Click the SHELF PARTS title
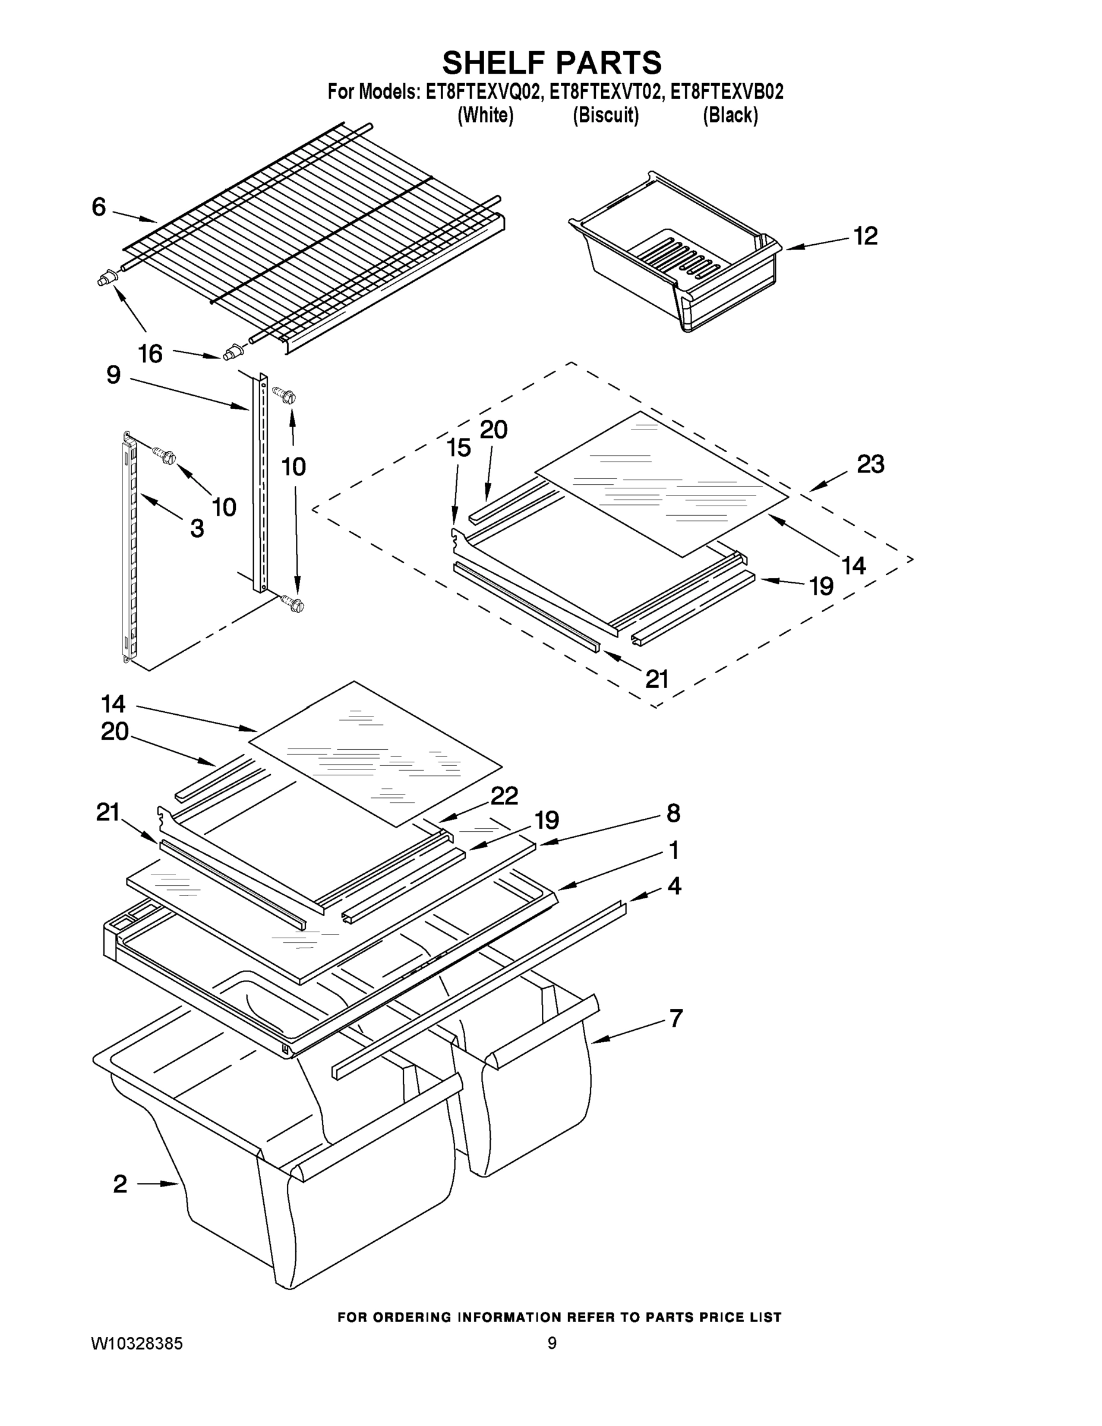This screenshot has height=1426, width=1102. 552,64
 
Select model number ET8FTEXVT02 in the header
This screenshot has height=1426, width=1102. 604,92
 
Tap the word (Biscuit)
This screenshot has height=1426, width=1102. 605,116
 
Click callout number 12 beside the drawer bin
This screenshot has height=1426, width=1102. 865,236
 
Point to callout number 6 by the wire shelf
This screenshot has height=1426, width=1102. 99,207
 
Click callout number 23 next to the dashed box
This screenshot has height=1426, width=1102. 870,464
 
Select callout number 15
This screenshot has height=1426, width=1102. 458,448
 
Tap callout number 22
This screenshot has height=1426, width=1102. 504,795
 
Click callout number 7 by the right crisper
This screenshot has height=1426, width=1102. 675,1018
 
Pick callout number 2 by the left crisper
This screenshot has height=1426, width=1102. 120,1184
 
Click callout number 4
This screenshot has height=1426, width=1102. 674,886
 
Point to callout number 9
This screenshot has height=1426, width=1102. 113,376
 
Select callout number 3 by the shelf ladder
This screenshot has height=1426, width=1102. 197,528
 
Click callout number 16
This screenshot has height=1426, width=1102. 150,355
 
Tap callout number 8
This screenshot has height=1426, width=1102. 673,813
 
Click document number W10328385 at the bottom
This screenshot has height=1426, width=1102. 137,1343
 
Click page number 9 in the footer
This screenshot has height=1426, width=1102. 552,1343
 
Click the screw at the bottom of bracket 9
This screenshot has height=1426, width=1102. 292,603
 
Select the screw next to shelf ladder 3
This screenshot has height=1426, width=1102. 163,455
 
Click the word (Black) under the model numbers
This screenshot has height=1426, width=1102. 730,116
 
